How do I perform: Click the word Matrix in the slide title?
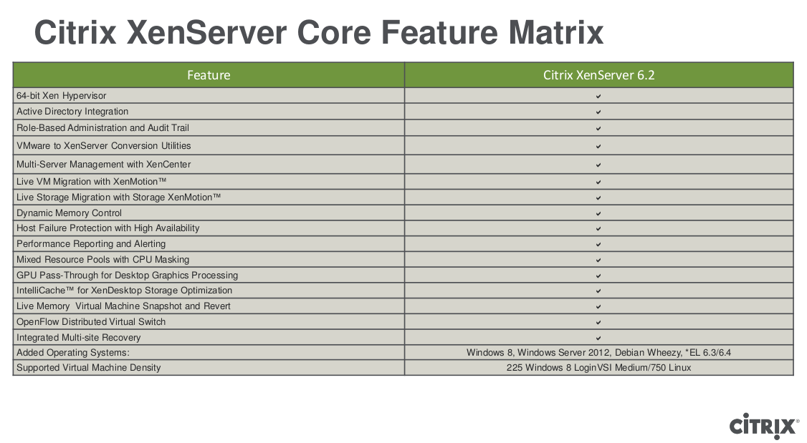pos(555,33)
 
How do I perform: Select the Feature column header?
pos(209,75)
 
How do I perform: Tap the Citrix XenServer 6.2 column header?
pos(598,75)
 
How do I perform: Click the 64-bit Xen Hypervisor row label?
pos(62,96)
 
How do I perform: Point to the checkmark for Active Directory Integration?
pos(598,112)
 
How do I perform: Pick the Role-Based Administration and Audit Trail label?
pos(102,128)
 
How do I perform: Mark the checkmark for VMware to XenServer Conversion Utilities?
pos(598,146)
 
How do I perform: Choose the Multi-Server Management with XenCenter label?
pos(103,165)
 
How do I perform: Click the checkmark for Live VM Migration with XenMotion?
pos(598,182)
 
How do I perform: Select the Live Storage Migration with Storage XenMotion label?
pos(118,198)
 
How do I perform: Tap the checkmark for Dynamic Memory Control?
pos(598,213)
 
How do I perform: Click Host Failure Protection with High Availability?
pos(108,228)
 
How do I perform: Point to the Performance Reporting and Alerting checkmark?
pos(598,244)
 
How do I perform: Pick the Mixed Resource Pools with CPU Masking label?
pos(102,260)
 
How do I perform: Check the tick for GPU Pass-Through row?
pos(598,276)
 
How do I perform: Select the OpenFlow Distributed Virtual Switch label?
pos(91,322)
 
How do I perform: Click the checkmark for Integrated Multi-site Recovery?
pos(598,338)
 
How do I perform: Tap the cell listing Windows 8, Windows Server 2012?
pos(598,353)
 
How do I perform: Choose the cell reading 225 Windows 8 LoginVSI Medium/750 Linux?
pos(598,368)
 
